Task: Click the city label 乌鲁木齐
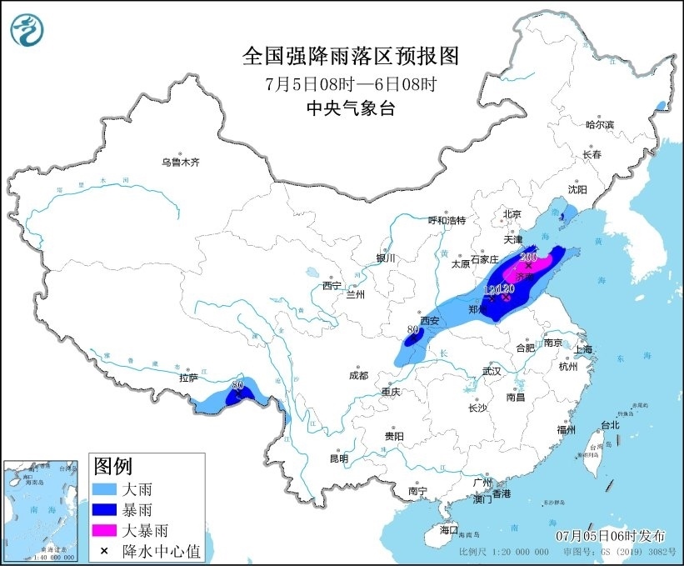181,163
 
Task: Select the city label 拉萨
188,378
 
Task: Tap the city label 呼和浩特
447,220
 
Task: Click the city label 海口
449,529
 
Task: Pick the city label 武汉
492,371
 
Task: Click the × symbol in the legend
106,549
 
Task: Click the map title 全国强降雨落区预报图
350,57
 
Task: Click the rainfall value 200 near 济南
528,258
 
